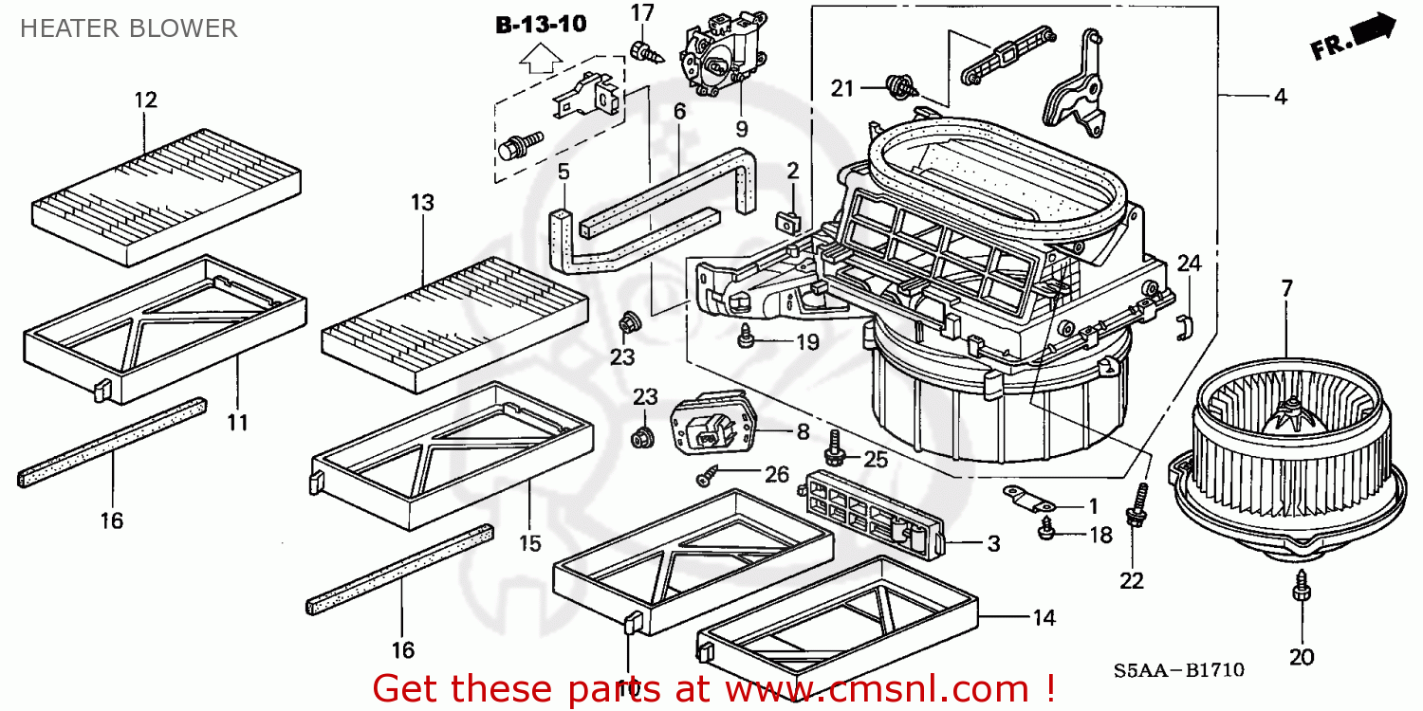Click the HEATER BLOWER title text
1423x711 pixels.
(128, 28)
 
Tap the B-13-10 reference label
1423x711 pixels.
(541, 25)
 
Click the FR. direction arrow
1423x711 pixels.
(1356, 38)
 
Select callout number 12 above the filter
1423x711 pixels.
(145, 100)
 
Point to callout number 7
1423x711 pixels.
(1286, 289)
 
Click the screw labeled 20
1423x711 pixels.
(1301, 592)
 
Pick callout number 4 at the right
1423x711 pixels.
(1280, 96)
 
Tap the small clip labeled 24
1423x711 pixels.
(1183, 325)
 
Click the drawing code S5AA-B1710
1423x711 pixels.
(1178, 671)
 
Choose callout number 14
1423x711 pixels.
(1044, 618)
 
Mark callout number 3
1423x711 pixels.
(993, 544)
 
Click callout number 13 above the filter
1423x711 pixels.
(422, 202)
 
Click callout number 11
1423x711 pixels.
(237, 422)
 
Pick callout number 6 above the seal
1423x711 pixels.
(679, 111)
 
